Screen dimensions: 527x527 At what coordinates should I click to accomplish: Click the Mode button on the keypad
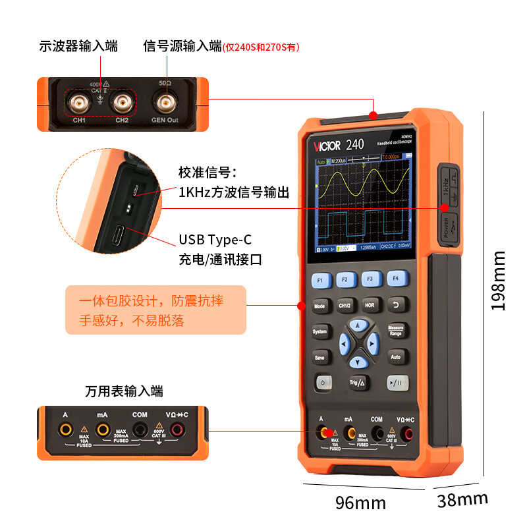319,306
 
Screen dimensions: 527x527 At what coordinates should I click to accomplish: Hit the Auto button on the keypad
395,357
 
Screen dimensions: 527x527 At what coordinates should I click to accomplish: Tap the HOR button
370,306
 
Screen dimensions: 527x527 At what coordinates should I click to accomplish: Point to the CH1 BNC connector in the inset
80,103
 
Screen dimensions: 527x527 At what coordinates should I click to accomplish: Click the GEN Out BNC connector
164,103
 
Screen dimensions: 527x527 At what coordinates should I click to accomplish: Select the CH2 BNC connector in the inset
122,103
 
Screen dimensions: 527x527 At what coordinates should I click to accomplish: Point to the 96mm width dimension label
360,503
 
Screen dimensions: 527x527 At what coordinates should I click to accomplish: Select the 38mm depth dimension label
463,499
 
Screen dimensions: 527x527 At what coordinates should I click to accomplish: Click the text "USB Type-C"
215,239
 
